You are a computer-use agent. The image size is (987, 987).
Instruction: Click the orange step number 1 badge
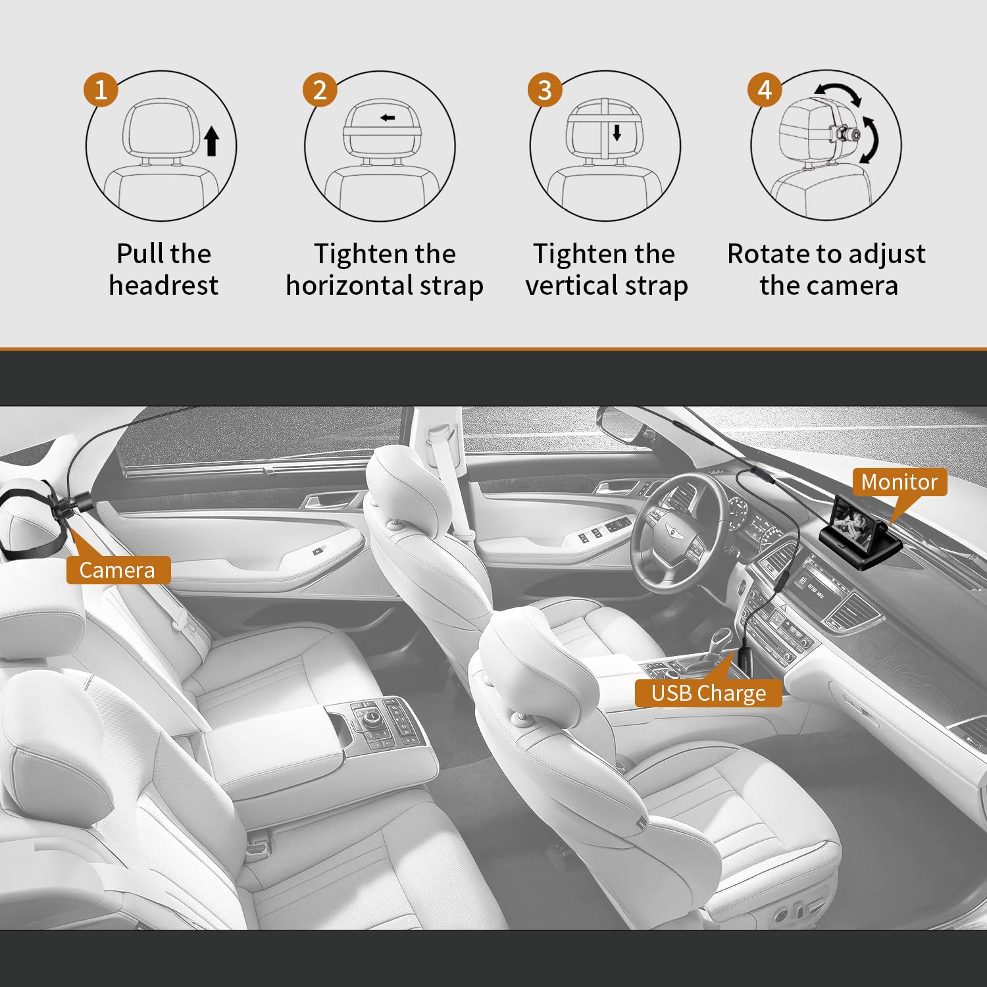[101, 89]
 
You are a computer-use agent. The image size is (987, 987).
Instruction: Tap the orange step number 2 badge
[320, 89]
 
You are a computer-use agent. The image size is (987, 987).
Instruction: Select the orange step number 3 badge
[545, 89]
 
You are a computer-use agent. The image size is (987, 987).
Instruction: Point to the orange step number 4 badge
[765, 89]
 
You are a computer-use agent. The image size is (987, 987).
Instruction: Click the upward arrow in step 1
[211, 141]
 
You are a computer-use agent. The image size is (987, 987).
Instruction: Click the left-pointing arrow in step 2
[388, 118]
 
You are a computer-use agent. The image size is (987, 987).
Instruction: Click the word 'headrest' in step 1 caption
[163, 286]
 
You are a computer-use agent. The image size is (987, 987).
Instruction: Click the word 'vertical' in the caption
[571, 286]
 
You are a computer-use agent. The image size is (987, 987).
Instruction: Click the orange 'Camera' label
[118, 570]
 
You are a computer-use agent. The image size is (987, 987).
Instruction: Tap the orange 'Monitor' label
[899, 482]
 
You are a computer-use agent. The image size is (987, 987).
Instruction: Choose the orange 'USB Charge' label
[708, 693]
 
